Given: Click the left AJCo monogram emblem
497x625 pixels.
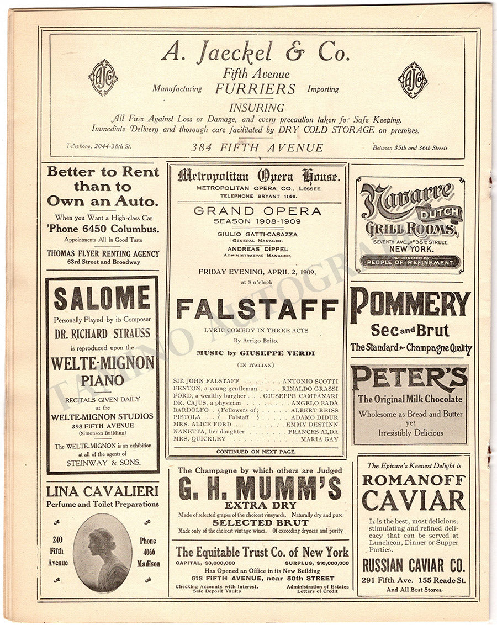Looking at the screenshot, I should pyautogui.click(x=103, y=78).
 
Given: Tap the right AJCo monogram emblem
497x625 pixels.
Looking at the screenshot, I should pyautogui.click(x=413, y=80).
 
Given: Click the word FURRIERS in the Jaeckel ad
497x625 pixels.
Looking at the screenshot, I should pyautogui.click(x=256, y=89).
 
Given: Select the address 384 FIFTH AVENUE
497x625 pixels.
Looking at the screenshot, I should pyautogui.click(x=257, y=147).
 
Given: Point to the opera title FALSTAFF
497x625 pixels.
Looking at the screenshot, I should pyautogui.click(x=257, y=309).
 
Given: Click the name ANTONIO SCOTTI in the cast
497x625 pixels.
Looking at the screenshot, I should pyautogui.click(x=310, y=382).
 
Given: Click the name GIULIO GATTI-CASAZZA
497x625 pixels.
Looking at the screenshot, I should pyautogui.click(x=257, y=234).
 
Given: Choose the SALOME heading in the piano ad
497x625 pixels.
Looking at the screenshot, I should pyautogui.click(x=102, y=299).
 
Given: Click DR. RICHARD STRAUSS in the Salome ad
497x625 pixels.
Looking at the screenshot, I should pyautogui.click(x=102, y=333).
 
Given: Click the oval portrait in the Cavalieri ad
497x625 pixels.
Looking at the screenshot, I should pyautogui.click(x=103, y=552).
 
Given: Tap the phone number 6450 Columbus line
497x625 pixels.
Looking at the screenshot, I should pyautogui.click(x=103, y=229).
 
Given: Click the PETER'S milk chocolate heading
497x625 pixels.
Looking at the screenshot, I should pyautogui.click(x=410, y=379).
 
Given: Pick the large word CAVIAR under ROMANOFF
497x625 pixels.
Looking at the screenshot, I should pyautogui.click(x=413, y=500).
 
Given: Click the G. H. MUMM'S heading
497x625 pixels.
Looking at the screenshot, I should pyautogui.click(x=260, y=488).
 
